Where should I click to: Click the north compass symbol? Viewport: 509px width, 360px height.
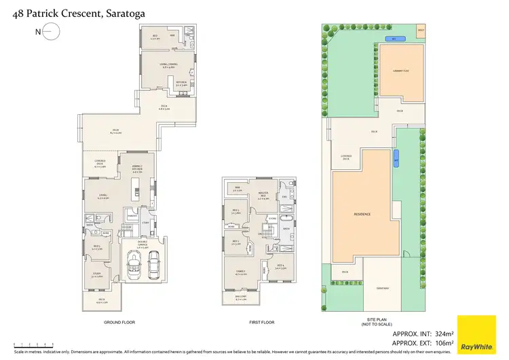(x=48, y=32)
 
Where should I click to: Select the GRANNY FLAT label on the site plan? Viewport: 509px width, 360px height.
(x=401, y=70)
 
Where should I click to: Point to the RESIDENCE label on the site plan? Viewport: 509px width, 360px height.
(x=362, y=214)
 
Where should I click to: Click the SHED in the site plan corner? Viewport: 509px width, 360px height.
(x=419, y=31)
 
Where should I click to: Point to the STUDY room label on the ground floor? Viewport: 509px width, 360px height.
(x=98, y=276)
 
